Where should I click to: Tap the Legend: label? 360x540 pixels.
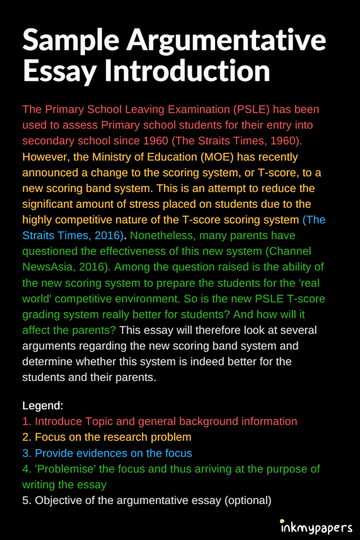click(43, 405)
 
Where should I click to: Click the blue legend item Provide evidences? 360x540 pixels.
click(107, 453)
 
